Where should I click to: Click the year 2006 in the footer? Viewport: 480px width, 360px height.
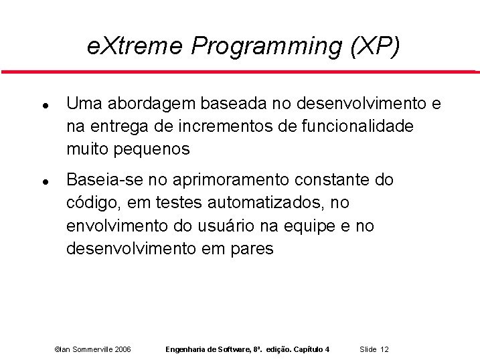pyautogui.click(x=123, y=349)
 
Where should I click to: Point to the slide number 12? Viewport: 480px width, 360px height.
pyautogui.click(x=384, y=349)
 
